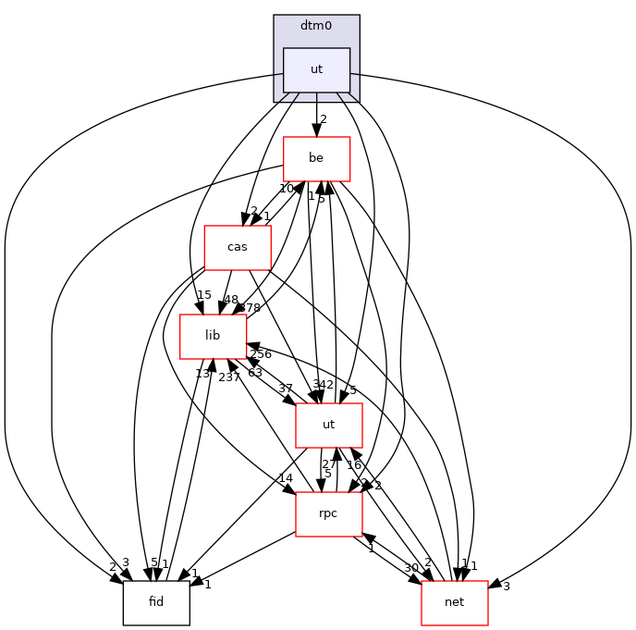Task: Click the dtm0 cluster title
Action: pos(316,26)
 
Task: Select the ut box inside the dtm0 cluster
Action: pos(316,69)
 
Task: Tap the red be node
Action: pos(316,158)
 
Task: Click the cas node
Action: pos(237,247)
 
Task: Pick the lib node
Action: pos(213,336)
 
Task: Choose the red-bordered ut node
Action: pos(328,425)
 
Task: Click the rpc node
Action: pos(328,513)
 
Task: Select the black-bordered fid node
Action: pos(156,602)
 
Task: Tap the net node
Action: pos(454,602)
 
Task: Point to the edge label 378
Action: pos(251,306)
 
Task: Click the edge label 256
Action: pos(260,354)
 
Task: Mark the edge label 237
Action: pos(229,377)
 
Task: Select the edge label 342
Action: pos(324,384)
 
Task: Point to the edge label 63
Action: pos(255,372)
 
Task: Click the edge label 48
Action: pos(230,300)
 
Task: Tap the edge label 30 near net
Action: pos(411,568)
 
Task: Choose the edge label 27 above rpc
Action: pos(328,463)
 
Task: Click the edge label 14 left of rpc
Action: pos(285,478)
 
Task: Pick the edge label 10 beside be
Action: pos(287,189)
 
